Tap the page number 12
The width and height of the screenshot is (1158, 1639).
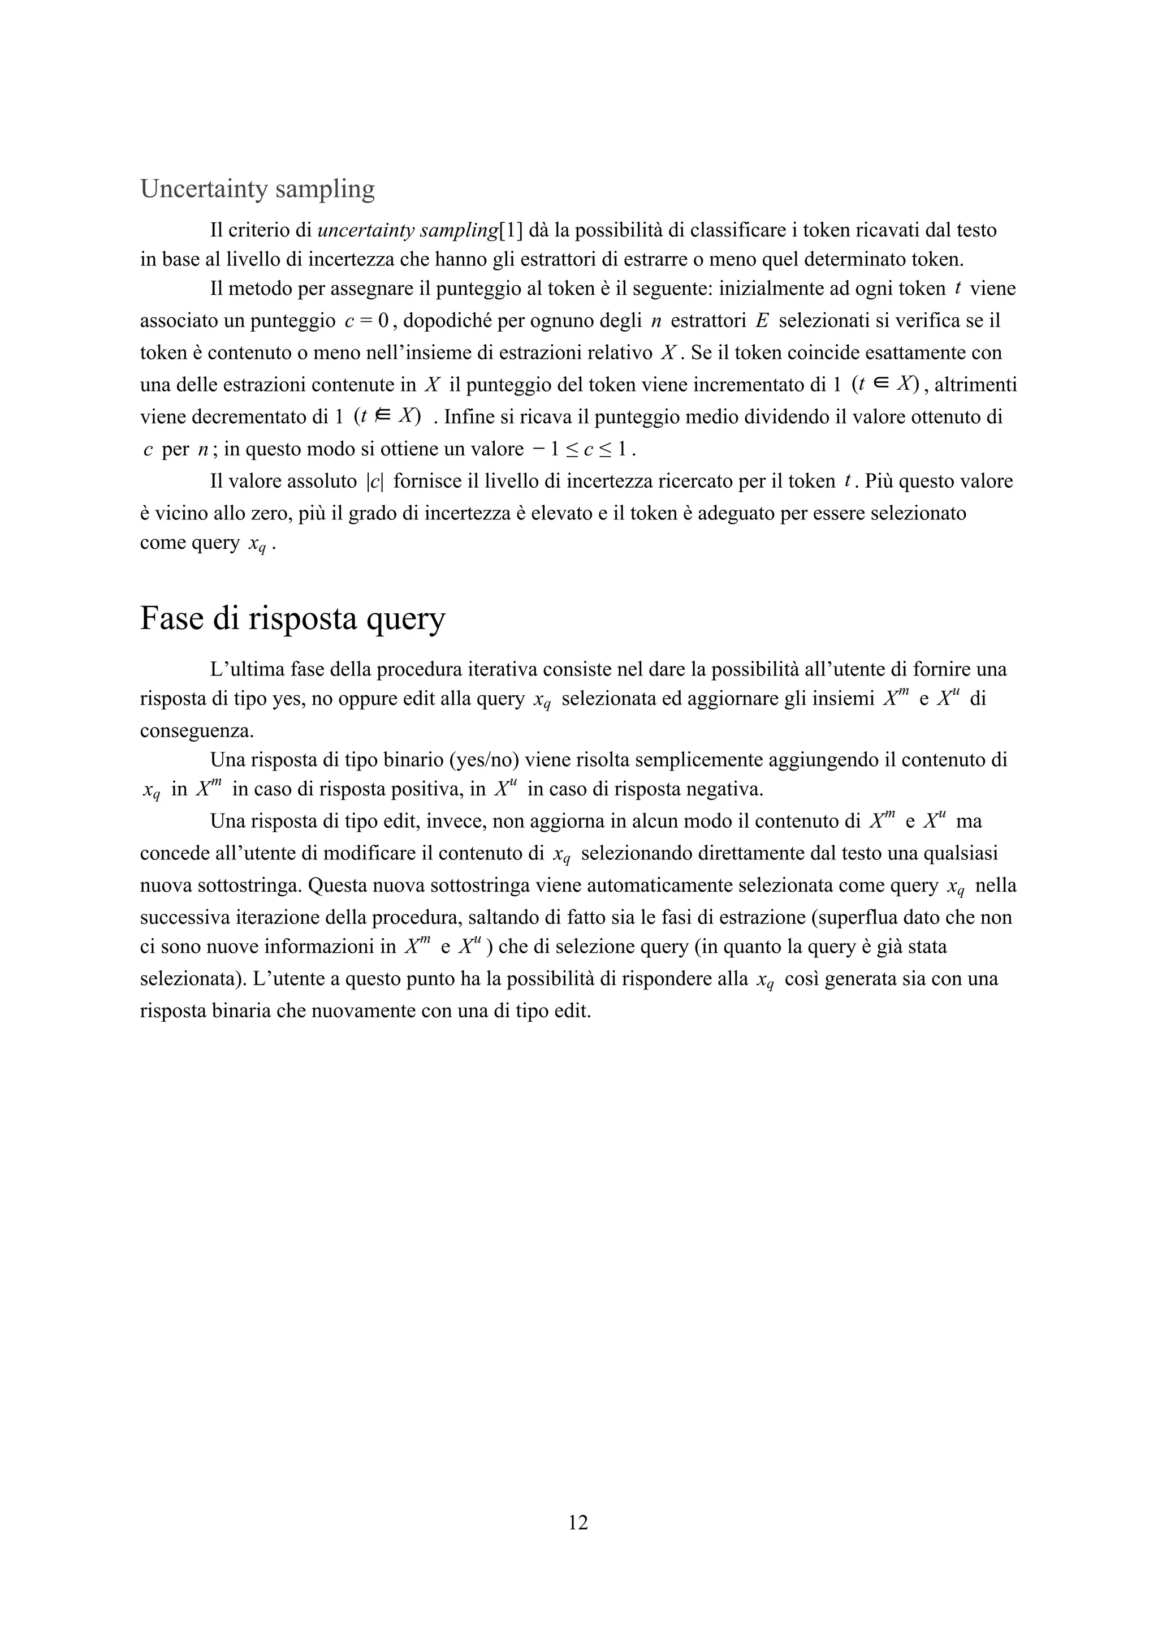click(x=578, y=1522)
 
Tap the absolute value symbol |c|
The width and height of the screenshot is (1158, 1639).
click(x=374, y=482)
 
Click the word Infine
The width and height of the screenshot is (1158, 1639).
click(x=473, y=417)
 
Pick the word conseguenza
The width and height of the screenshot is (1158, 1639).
click(x=196, y=731)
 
